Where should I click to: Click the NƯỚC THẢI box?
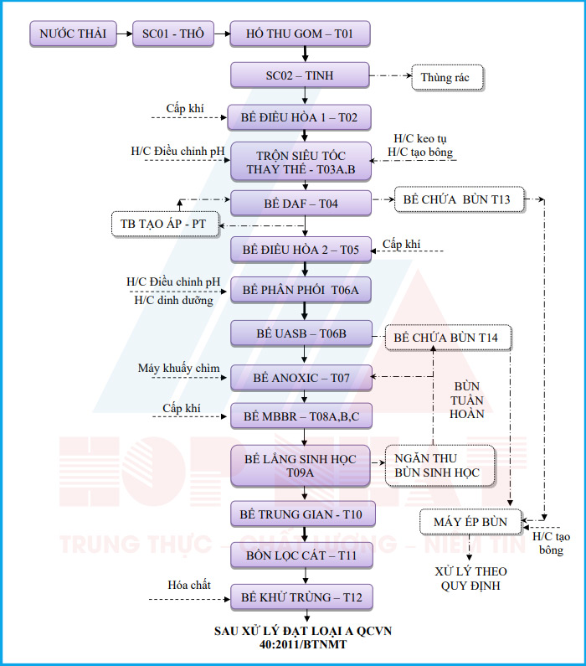click(x=74, y=34)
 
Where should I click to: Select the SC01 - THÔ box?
click(x=173, y=34)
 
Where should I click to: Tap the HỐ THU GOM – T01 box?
click(x=300, y=34)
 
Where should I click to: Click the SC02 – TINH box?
click(x=300, y=76)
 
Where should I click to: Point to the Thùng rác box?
click(x=445, y=78)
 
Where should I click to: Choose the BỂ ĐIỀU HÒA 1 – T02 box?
click(x=300, y=117)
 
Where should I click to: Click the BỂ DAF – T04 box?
click(x=300, y=203)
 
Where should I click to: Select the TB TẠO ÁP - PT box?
click(x=164, y=225)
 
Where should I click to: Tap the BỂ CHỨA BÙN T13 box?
click(x=462, y=200)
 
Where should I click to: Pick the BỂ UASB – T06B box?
click(x=300, y=334)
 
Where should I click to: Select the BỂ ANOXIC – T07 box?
click(x=300, y=378)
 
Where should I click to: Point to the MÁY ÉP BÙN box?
click(x=470, y=521)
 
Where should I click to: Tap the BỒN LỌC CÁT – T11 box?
click(x=300, y=555)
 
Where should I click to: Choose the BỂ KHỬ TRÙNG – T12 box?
click(x=300, y=597)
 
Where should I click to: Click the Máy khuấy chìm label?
click(x=179, y=369)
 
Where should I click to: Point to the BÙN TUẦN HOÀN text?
click(x=467, y=400)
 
